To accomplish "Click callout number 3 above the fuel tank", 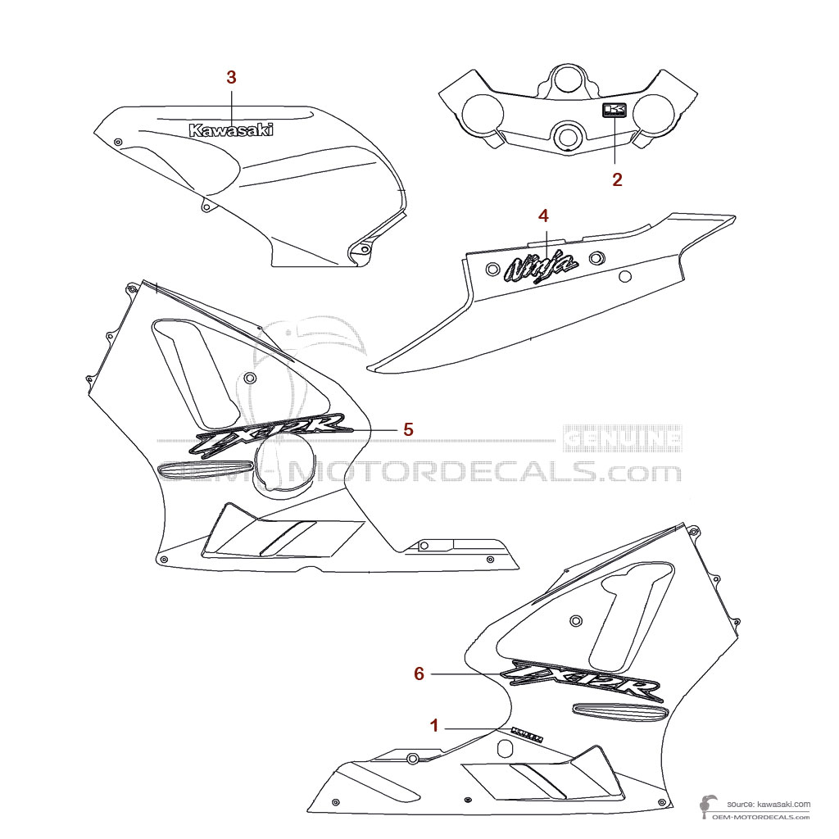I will (x=231, y=77).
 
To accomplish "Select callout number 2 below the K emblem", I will (x=617, y=179).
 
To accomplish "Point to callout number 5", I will (x=407, y=429).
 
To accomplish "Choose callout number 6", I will (x=419, y=673).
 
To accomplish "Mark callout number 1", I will (x=434, y=725).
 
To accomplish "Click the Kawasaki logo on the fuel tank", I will (x=231, y=130).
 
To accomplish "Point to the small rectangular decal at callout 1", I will (x=526, y=732).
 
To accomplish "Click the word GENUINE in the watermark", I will (x=624, y=439).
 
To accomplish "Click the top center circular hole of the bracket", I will (x=566, y=81).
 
